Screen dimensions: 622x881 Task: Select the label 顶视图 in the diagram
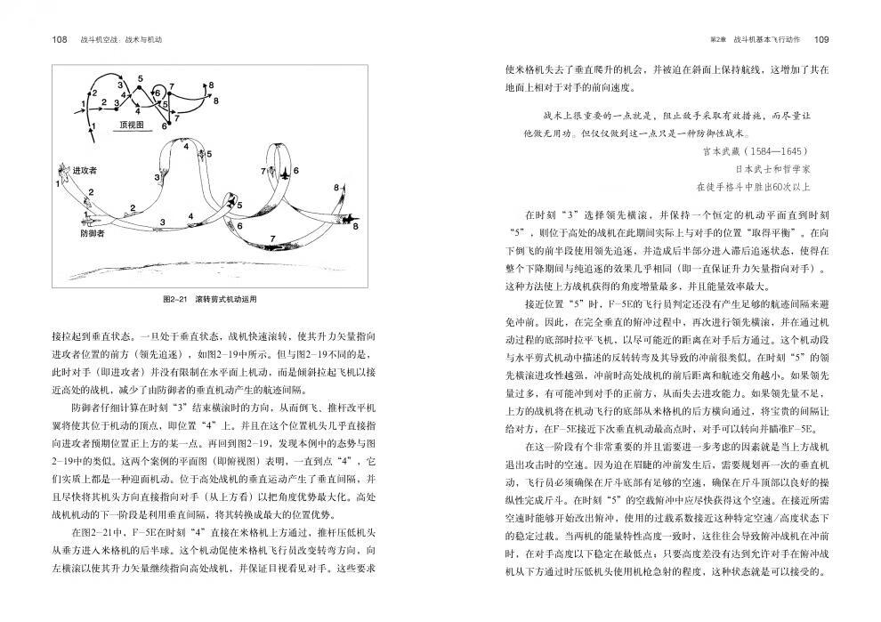pos(133,125)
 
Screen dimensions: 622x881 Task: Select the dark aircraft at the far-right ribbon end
pos(339,217)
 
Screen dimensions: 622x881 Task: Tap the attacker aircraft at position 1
pos(62,170)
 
